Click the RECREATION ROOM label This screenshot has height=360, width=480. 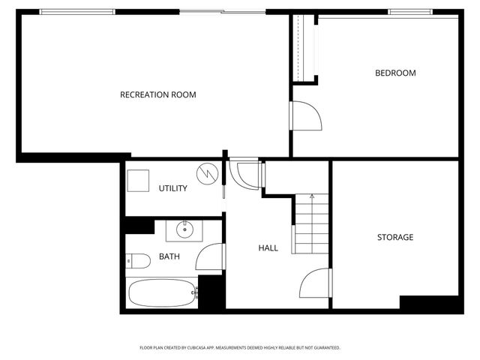pyautogui.click(x=158, y=94)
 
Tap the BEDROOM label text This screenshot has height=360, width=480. pyautogui.click(x=395, y=73)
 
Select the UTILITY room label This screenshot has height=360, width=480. pyautogui.click(x=172, y=188)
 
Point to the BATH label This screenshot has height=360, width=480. pyautogui.click(x=169, y=256)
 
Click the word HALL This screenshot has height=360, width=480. pyautogui.click(x=268, y=247)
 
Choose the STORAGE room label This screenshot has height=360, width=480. pyautogui.click(x=394, y=237)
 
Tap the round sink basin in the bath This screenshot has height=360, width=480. pyautogui.click(x=184, y=228)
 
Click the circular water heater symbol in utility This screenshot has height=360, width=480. pyautogui.click(x=205, y=175)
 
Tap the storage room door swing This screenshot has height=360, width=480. pyautogui.click(x=313, y=283)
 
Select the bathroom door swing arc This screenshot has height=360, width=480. pyautogui.click(x=209, y=257)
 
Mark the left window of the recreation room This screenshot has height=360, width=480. pyautogui.click(x=77, y=12)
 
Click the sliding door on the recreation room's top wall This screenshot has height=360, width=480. pyautogui.click(x=222, y=12)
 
